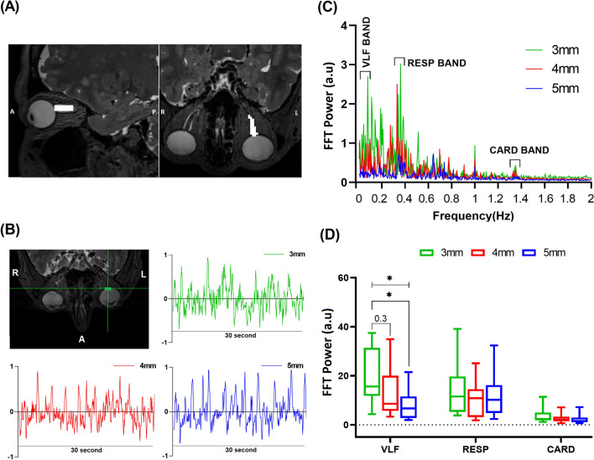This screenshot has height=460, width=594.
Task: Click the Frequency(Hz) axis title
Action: pos(473,214)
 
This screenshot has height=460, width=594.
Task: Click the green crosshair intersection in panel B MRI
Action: pos(108,288)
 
